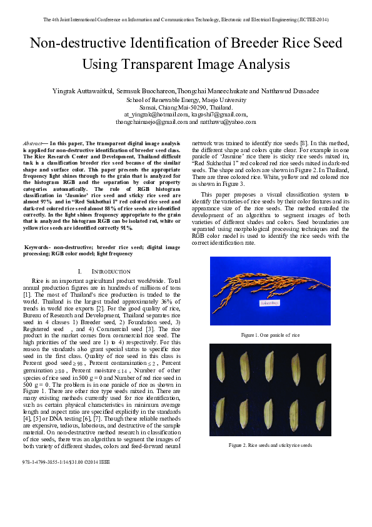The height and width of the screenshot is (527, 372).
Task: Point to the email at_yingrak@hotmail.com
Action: tap(156, 115)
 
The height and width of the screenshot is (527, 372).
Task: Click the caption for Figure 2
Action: tap(271, 445)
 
